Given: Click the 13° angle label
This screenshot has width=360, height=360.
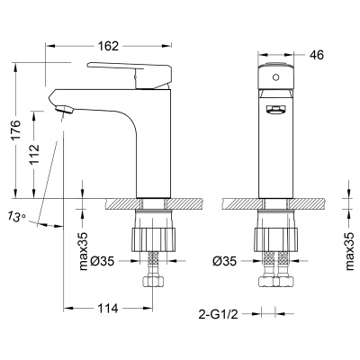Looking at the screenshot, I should point(15,217).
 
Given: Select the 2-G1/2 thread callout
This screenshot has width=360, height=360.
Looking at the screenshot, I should point(218,314).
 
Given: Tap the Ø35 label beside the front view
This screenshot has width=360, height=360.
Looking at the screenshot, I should point(223,263).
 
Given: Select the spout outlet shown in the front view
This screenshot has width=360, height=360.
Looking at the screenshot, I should point(274,111).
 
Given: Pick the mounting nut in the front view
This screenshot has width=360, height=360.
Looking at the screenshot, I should point(274,235).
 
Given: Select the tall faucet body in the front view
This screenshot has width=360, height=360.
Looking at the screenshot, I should point(274,153).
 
